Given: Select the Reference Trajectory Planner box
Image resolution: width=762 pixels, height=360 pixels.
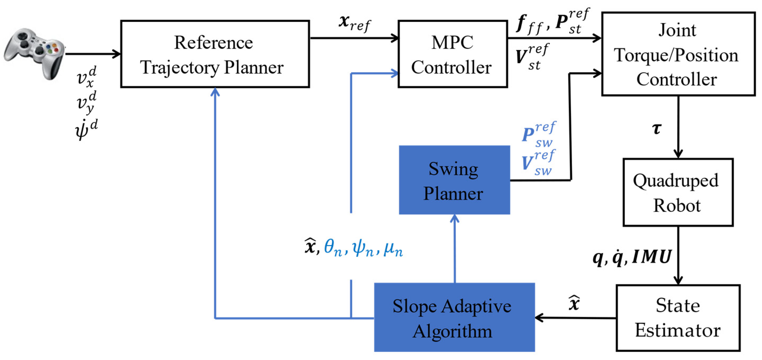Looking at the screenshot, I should point(215,54).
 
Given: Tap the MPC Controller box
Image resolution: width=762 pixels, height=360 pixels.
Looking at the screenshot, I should point(452,54).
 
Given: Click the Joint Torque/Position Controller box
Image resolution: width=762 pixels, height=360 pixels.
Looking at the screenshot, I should point(678,54).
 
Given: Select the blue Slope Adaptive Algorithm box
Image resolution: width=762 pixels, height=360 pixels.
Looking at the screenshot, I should point(454,317).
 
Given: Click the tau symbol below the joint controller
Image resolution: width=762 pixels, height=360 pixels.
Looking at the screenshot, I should point(657,129).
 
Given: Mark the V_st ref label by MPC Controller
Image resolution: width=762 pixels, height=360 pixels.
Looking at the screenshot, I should point(531,57).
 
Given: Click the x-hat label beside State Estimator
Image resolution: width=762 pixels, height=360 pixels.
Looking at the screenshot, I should point(574,303).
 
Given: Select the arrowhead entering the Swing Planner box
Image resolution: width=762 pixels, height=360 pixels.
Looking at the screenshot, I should point(454,219).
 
